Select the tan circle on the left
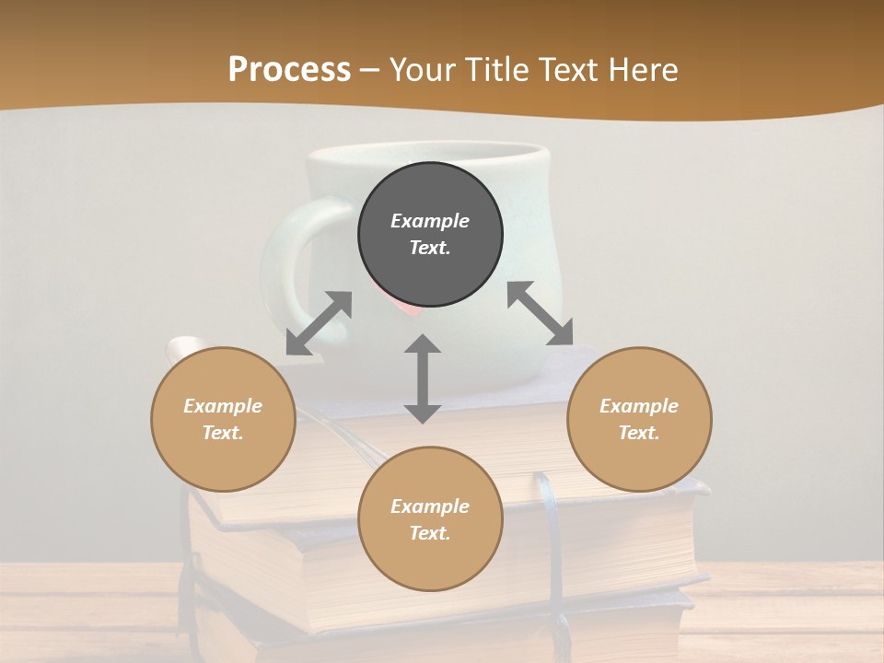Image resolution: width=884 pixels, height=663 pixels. tap(223, 419)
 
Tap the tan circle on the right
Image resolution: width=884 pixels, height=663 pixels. tap(639, 419)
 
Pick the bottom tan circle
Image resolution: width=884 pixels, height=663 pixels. tap(430, 519)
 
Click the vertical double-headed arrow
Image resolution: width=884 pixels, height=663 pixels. tap(423, 378)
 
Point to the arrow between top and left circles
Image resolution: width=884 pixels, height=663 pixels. tap(319, 323)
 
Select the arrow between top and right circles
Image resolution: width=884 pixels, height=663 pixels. tap(541, 313)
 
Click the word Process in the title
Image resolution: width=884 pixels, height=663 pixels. tap(289, 70)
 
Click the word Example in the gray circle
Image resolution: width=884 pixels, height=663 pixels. tap(430, 221)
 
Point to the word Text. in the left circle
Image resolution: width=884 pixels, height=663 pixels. tap(223, 433)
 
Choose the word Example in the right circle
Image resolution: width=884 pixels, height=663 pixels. tap(639, 406)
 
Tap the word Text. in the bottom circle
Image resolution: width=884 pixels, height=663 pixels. tap(430, 533)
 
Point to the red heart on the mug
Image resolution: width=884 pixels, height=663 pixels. tap(405, 309)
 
